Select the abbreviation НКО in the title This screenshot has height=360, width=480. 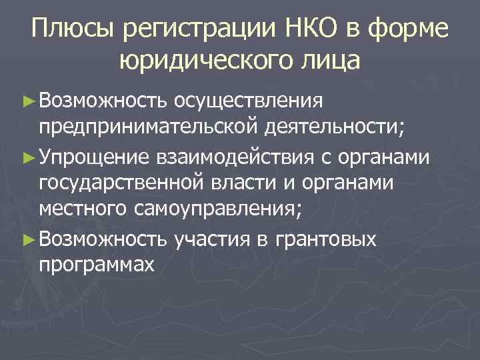coord(307,31)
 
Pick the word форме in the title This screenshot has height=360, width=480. coord(415,31)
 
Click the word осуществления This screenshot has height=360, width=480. coord(248,101)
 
